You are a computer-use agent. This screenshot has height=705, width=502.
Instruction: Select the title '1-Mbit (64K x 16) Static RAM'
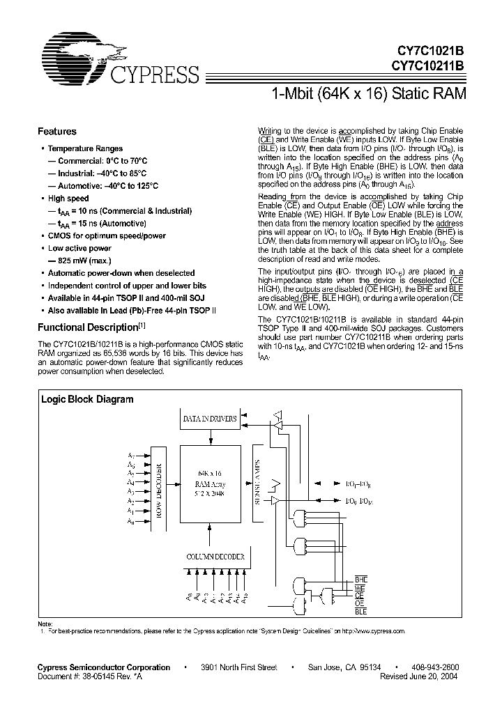pos(367,93)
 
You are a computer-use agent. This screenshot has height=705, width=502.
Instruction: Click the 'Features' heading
pos(56,131)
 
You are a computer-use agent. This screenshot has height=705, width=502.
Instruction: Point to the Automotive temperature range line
pos(103,186)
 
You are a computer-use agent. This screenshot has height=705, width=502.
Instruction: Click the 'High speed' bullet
pos(68,199)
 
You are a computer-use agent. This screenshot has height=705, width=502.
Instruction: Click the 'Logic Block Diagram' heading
pos(87,400)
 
